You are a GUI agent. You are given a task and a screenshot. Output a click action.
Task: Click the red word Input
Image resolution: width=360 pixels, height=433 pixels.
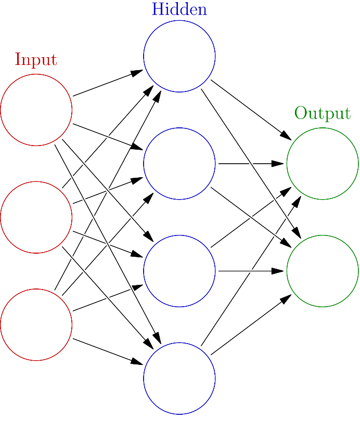[36, 60]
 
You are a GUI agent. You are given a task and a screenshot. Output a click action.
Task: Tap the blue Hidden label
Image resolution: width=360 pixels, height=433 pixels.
[179, 9]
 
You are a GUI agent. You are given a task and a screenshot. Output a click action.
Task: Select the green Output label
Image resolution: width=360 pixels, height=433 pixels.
[323, 113]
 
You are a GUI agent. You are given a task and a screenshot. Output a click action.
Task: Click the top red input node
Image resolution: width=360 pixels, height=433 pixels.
[36, 110]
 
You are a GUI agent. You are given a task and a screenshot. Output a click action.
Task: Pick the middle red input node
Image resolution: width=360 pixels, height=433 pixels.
[36, 217]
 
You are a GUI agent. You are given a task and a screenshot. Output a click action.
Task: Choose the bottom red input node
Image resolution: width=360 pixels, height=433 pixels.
[36, 324]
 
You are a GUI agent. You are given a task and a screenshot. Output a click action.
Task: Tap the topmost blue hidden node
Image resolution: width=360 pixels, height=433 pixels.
[179, 56]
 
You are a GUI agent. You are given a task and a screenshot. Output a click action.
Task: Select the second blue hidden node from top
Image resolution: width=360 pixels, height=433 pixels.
[179, 163]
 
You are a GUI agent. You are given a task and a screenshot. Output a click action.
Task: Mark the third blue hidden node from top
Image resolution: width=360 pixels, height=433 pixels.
[179, 271]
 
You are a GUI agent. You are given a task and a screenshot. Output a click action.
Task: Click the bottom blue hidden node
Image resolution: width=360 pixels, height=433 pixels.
[179, 378]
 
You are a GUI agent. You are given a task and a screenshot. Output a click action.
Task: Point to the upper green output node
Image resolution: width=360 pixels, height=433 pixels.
[323, 163]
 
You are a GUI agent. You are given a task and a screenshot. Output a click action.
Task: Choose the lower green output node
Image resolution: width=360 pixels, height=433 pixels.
[323, 271]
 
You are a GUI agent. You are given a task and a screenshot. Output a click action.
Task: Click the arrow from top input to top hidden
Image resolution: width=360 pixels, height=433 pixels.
[108, 83]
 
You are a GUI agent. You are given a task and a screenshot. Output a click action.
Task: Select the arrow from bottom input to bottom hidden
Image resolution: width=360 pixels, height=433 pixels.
[108, 351]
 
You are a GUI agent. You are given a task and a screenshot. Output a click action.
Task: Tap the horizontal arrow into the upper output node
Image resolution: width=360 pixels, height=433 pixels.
[251, 163]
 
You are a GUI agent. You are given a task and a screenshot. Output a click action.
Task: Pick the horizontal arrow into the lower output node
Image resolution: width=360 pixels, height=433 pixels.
[251, 271]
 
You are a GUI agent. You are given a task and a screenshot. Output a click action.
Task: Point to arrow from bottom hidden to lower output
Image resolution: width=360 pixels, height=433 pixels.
[251, 325]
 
